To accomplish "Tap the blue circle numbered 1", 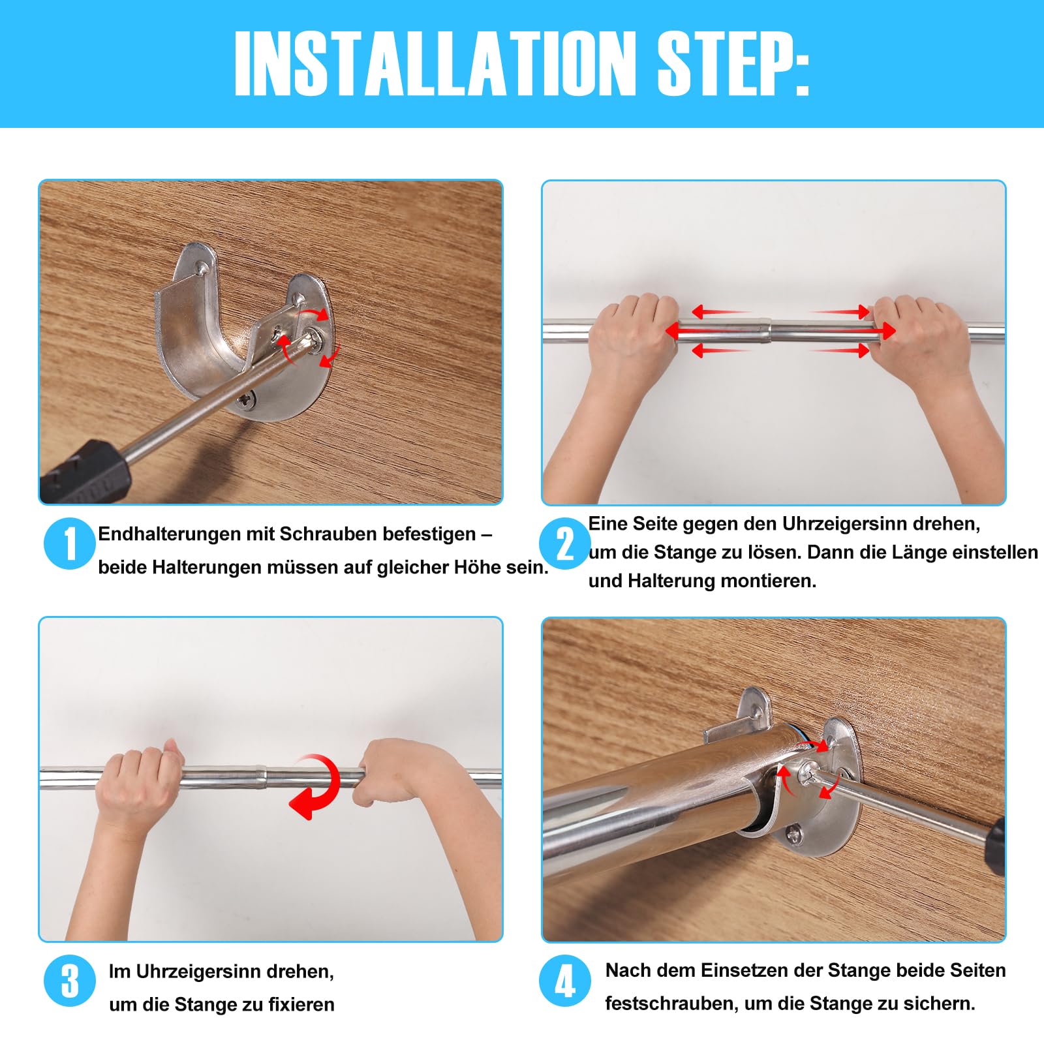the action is tap(70, 543).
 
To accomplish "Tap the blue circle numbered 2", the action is tap(565, 543).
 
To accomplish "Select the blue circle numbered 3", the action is tap(70, 980).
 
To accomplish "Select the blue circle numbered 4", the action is tap(565, 980).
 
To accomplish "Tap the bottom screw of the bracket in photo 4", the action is tap(793, 833).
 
